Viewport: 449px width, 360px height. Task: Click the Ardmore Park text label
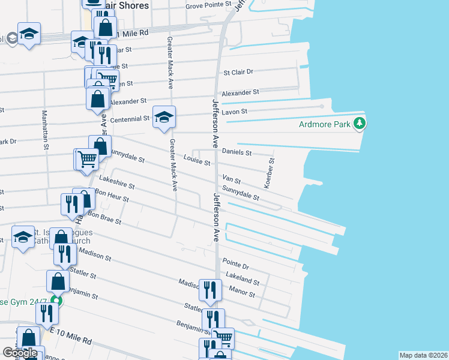pos(325,125)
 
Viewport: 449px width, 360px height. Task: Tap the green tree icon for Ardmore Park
pos(360,124)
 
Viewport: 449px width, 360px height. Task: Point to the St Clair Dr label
pos(238,72)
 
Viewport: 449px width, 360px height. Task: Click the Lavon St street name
pos(235,112)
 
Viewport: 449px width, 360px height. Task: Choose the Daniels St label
pos(237,152)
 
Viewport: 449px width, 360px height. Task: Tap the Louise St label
pos(197,163)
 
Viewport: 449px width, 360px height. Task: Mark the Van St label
pos(231,179)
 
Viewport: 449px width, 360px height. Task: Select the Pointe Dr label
pos(235,263)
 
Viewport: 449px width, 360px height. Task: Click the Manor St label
pos(243,293)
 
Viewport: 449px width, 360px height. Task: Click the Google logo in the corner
pos(19,352)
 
